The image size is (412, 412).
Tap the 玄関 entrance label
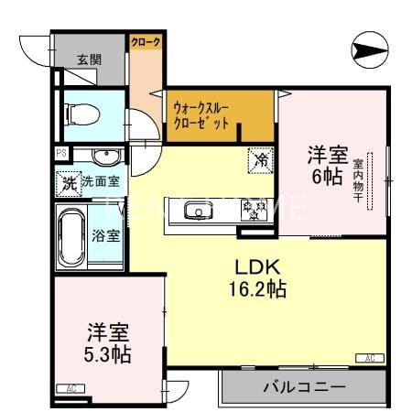click(89, 60)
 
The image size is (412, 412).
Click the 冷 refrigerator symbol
click(260, 161)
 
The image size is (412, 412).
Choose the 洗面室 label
click(100, 181)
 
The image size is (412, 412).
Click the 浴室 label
click(105, 235)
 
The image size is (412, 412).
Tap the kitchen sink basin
click(197, 211)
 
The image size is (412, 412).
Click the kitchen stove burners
click(250, 211)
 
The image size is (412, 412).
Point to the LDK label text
click(257, 268)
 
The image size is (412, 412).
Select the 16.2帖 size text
click(257, 291)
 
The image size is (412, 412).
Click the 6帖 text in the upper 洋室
click(327, 176)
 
